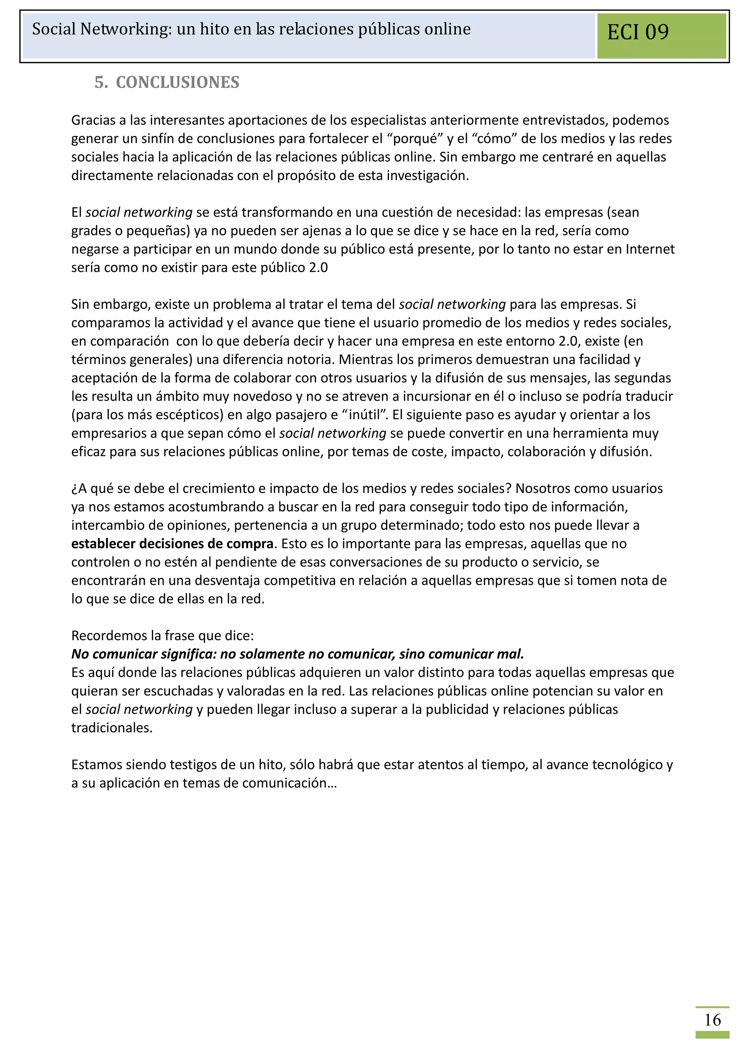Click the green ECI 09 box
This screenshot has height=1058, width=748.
(661, 35)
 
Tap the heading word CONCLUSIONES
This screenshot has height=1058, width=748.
(178, 83)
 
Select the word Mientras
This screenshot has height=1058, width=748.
(366, 359)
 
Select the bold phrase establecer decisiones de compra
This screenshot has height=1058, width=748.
(172, 544)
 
